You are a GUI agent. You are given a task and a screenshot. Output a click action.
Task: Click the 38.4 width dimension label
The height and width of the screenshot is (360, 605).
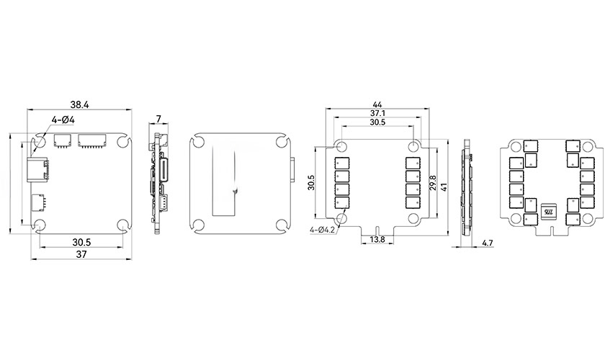[79, 104]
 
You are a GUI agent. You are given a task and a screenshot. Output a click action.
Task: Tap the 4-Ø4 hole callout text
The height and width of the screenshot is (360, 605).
[63, 120]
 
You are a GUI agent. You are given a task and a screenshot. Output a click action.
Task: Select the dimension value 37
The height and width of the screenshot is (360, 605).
[81, 254]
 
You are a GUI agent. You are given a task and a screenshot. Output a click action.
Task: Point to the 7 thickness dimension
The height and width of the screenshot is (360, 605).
[159, 119]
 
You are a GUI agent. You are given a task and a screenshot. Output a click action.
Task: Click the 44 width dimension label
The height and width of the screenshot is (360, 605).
[377, 104]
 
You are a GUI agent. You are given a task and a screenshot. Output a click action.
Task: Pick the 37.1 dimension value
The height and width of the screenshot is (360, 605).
[377, 114]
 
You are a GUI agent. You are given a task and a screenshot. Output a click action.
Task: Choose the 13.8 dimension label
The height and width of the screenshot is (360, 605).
[377, 240]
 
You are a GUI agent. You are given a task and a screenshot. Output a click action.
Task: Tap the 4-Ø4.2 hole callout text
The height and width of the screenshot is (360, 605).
[322, 230]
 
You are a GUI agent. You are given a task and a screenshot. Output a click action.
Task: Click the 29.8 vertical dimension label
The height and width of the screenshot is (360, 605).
[433, 183]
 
